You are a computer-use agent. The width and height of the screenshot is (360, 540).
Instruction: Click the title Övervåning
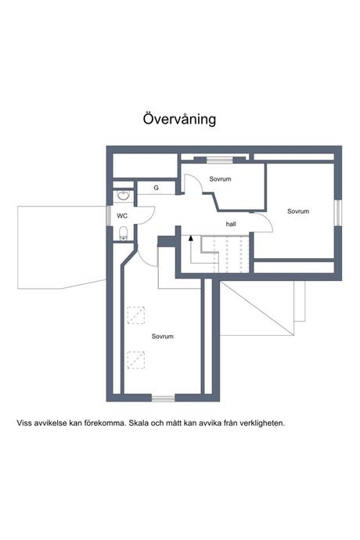(179, 119)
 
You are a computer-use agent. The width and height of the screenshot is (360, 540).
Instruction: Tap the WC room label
(122, 216)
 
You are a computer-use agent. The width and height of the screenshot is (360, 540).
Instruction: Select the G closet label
(156, 188)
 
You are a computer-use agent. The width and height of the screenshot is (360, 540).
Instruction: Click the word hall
(231, 224)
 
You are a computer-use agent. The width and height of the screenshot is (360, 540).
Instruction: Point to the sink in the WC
(123, 196)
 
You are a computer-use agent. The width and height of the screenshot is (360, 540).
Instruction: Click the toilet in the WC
(123, 232)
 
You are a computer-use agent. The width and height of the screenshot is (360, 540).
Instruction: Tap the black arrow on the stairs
(190, 238)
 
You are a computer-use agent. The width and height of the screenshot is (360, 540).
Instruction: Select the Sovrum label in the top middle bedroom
(220, 179)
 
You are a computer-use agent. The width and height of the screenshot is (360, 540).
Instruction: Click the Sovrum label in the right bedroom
(298, 211)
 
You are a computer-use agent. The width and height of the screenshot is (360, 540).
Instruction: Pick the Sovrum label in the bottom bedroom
(162, 336)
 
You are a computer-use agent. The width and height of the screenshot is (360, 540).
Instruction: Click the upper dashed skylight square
(135, 315)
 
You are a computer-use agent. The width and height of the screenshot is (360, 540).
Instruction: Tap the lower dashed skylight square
(135, 360)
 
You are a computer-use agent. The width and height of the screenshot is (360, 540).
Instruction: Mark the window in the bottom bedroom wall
(164, 398)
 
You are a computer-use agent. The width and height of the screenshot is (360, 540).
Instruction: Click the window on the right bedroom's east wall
(338, 213)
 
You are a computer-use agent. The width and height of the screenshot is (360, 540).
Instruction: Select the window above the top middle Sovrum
(219, 160)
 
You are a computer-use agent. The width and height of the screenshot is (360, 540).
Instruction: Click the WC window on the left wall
(109, 215)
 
